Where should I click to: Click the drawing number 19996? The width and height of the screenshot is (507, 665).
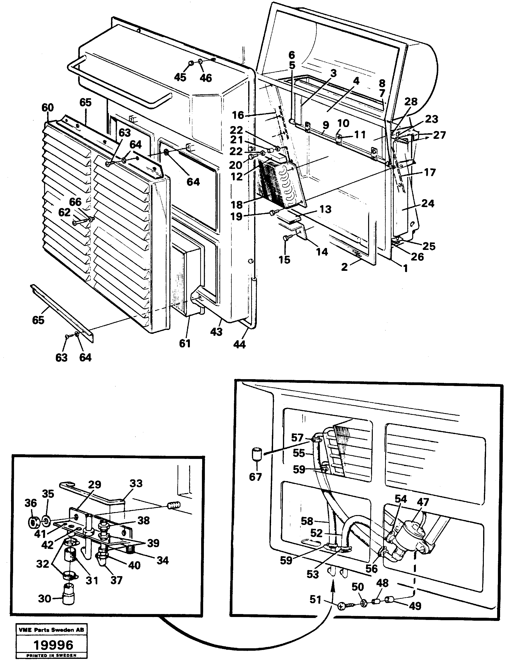[x=53, y=645]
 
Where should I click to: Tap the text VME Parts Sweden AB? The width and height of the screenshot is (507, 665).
[x=51, y=630]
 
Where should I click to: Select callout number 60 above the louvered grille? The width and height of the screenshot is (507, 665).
[x=48, y=108]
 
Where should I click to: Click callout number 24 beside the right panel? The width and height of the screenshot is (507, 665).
[x=428, y=203]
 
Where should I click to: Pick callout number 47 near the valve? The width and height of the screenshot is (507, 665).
[x=423, y=502]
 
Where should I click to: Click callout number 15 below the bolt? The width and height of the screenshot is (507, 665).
[x=284, y=260]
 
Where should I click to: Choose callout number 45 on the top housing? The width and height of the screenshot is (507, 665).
[x=180, y=77]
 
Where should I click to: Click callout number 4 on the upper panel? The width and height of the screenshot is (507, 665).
[x=356, y=81]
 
